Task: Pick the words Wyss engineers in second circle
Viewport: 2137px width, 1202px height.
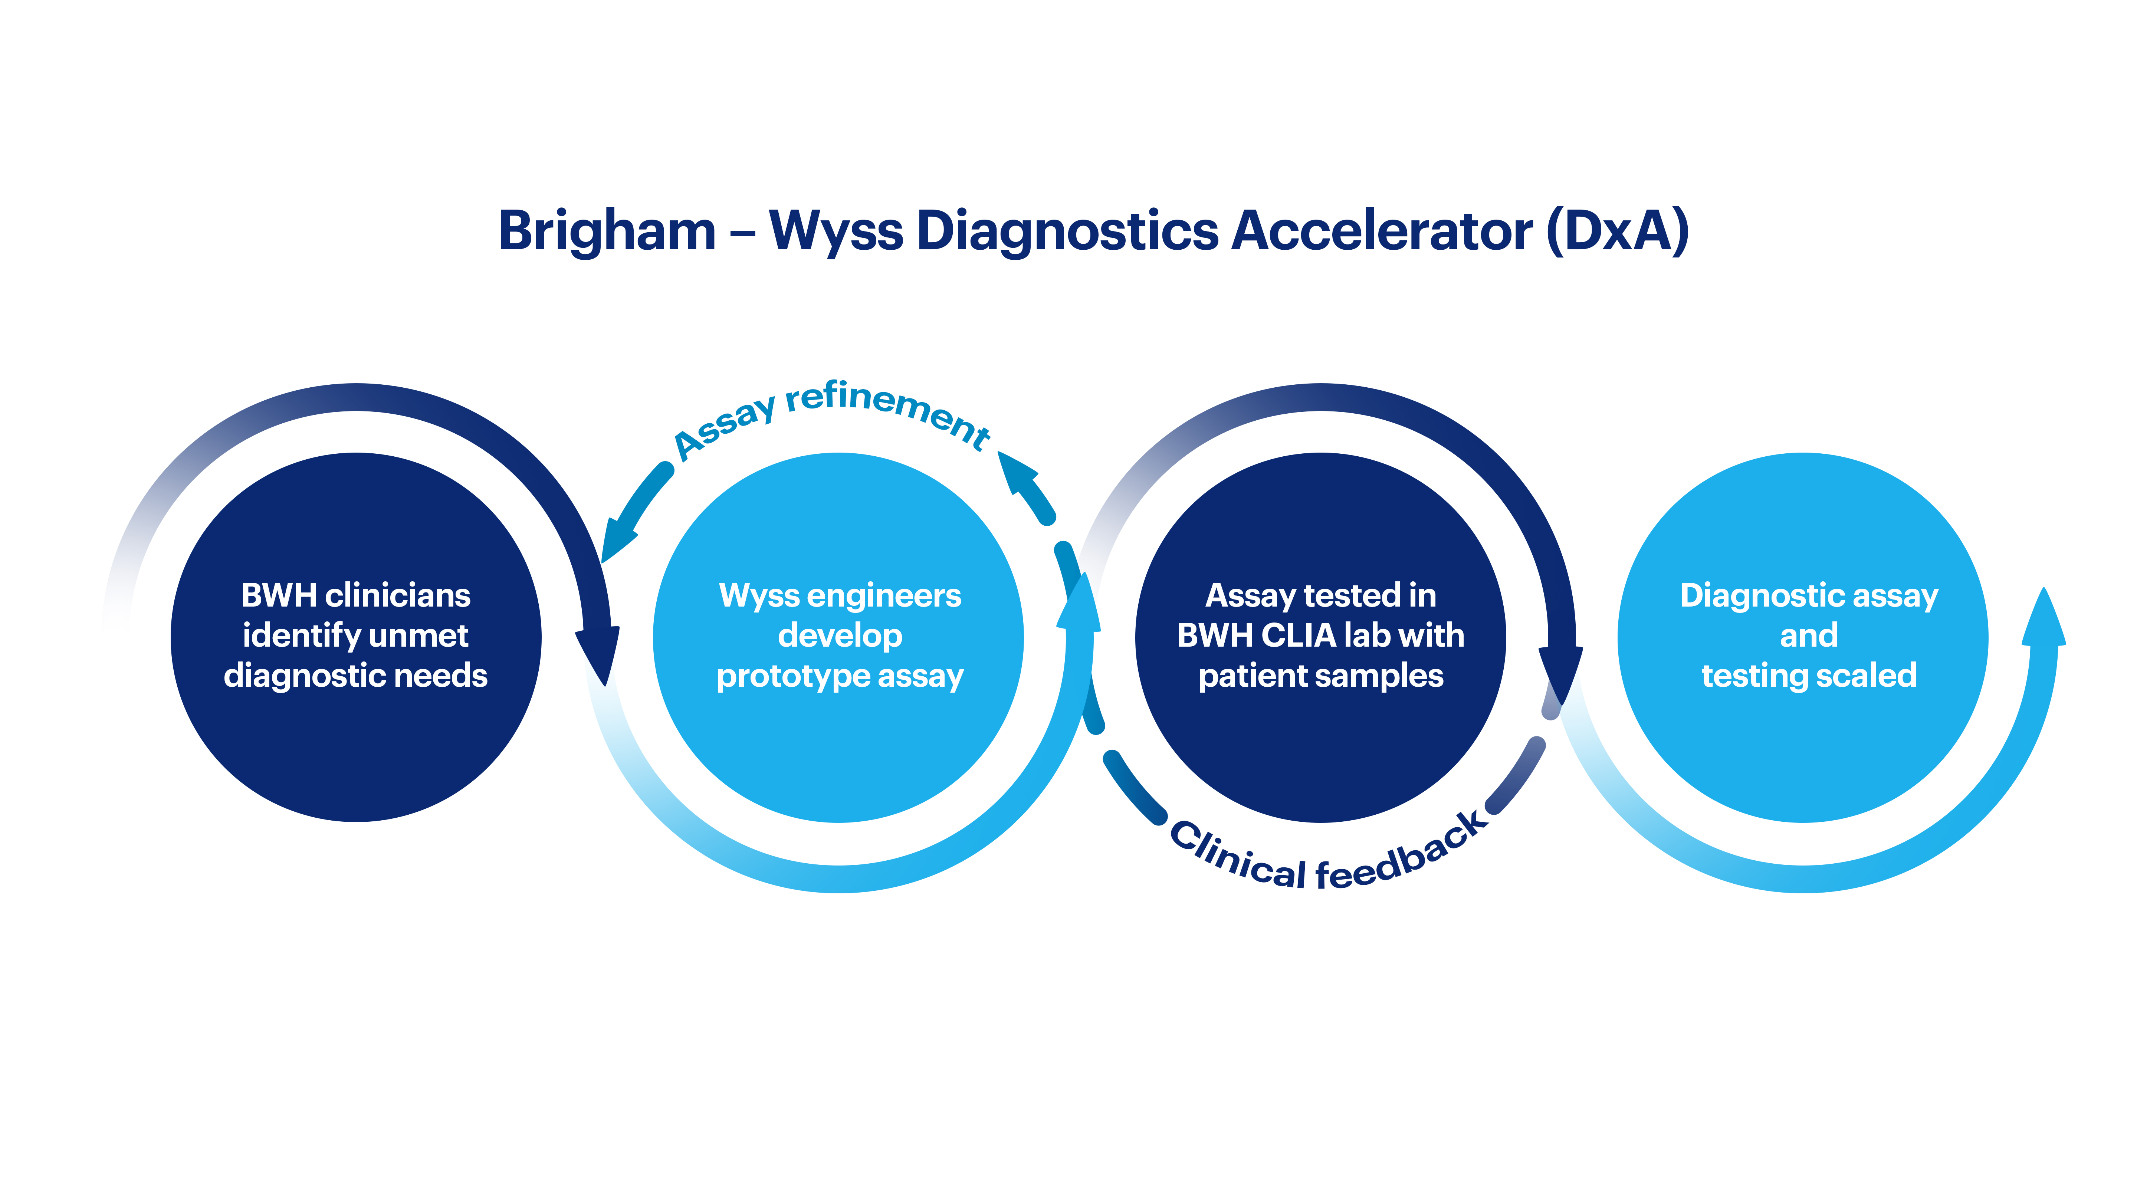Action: [x=840, y=595]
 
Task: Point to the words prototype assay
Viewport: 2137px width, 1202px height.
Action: [x=840, y=675]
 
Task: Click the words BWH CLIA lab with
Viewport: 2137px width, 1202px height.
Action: [x=1321, y=636]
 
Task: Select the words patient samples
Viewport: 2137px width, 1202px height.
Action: [x=1321, y=675]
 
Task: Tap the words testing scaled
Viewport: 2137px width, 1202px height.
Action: [x=1809, y=675]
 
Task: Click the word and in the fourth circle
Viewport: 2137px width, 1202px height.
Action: [x=1809, y=636]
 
